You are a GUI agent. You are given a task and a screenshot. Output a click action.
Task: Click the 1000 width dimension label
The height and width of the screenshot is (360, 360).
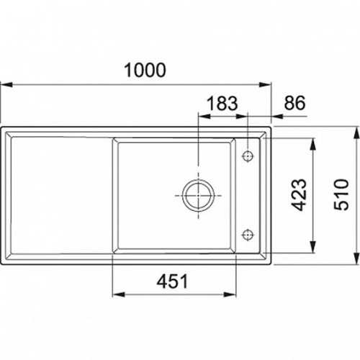145,70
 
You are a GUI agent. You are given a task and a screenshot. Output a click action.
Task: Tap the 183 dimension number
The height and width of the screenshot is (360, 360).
222,103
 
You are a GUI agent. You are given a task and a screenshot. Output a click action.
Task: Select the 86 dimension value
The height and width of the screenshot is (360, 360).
294,103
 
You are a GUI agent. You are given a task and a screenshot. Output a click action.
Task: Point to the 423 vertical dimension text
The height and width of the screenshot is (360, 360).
299,195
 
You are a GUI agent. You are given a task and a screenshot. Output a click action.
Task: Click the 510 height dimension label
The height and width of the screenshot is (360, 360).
341,194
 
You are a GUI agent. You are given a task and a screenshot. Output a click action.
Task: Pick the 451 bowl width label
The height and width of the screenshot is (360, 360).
172,282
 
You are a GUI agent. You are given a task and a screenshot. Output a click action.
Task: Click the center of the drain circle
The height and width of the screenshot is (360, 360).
198,195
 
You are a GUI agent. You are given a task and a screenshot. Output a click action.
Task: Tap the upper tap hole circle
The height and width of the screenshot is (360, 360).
248,156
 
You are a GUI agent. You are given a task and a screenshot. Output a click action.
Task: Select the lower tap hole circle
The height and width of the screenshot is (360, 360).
248,235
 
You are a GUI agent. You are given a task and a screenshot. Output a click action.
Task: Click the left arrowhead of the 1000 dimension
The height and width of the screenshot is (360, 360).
6,85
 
